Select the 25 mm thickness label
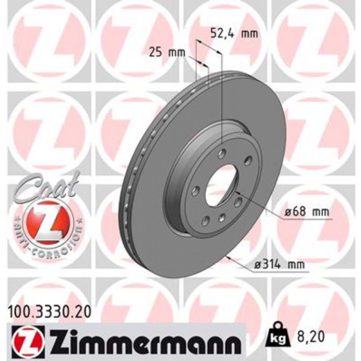coord(167,53)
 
